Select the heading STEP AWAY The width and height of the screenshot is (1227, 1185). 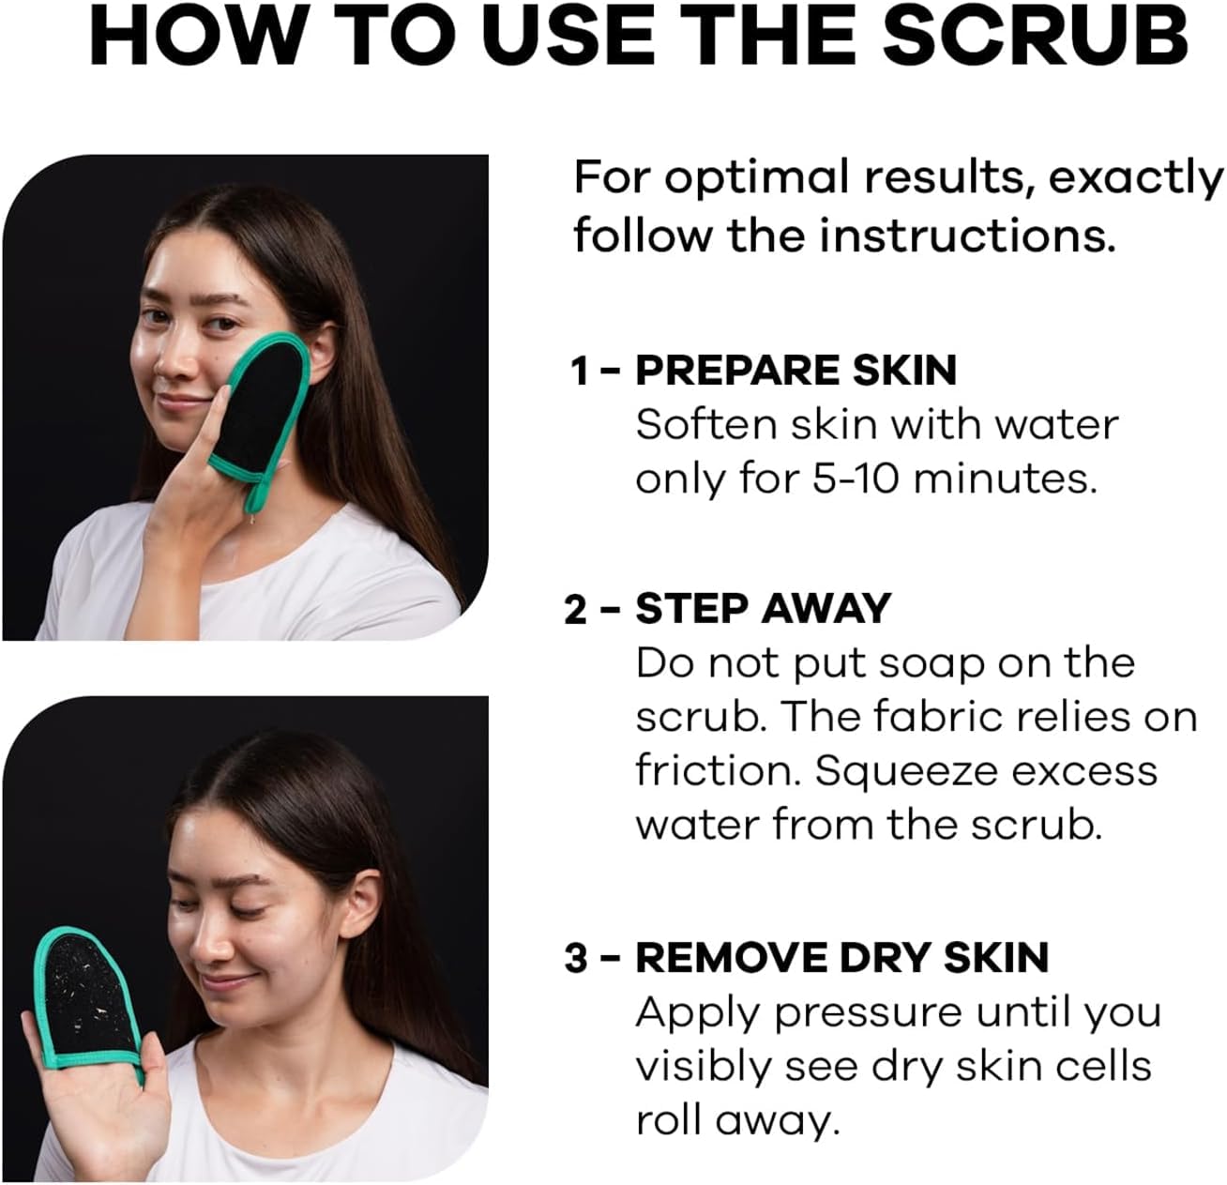[x=763, y=609]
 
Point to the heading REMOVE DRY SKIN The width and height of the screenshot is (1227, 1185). [x=841, y=958]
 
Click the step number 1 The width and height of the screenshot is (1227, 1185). [x=581, y=372]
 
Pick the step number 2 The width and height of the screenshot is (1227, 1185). [x=578, y=610]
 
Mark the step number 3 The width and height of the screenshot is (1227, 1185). [x=578, y=959]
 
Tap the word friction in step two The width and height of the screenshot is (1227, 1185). [x=717, y=771]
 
